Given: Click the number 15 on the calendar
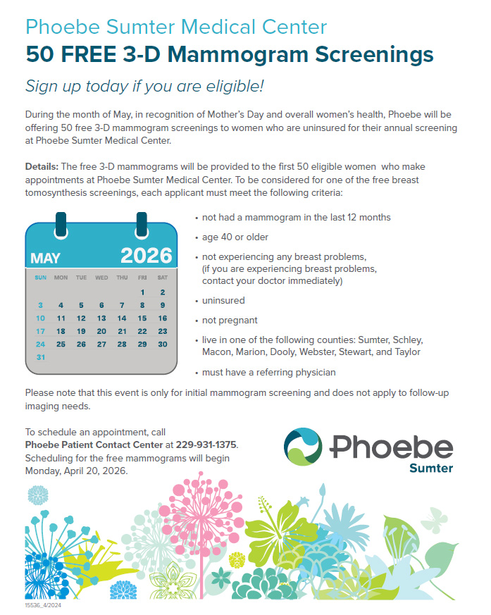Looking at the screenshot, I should click(142, 318).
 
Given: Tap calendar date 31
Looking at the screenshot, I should click(40, 357).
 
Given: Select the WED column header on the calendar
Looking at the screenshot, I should click(101, 278).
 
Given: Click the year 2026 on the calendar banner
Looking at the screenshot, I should click(146, 255).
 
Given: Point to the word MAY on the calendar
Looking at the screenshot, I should click(45, 258).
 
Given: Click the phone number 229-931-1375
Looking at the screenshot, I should click(207, 445).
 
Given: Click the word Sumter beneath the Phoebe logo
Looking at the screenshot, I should click(431, 468).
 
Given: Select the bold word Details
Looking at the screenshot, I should click(42, 166).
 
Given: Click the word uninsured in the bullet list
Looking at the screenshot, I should click(223, 301).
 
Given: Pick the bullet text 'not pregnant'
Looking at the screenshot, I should click(230, 321).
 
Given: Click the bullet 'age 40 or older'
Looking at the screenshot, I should click(235, 237).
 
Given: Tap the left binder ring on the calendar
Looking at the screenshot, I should click(61, 223).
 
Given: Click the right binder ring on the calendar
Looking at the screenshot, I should click(142, 223).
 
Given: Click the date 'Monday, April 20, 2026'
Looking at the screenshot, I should click(76, 471).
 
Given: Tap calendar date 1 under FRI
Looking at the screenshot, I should click(142, 292).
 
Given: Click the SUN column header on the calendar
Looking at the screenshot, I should click(40, 278).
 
